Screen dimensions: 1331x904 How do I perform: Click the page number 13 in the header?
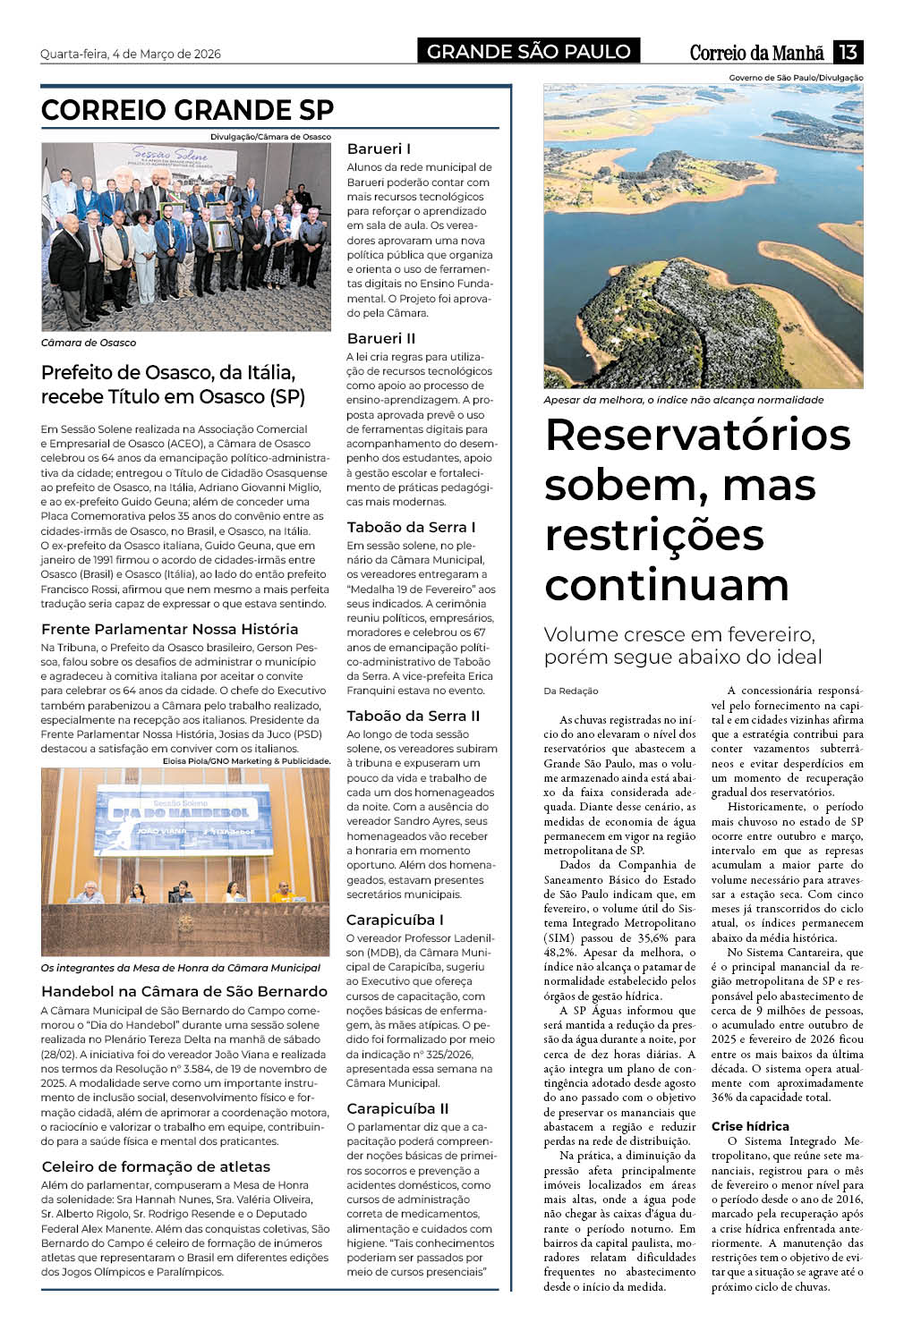click(847, 52)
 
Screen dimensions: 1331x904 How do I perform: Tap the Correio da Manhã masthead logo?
click(756, 52)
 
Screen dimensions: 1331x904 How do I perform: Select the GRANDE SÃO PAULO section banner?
click(528, 52)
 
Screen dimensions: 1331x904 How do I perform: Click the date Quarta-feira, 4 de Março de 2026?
click(131, 54)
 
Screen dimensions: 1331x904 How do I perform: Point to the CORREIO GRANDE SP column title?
click(187, 110)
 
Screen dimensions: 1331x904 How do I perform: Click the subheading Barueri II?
click(381, 338)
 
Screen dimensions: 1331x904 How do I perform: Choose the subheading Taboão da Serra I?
click(411, 527)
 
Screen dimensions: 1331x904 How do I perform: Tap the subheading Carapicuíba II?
click(397, 1108)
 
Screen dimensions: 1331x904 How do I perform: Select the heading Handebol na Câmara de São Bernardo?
click(184, 991)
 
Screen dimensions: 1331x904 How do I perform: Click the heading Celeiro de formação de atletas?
click(156, 1166)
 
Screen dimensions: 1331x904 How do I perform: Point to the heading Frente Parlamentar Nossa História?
click(170, 629)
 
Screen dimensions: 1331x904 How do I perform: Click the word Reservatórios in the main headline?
click(697, 436)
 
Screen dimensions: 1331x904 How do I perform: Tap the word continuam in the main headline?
click(667, 585)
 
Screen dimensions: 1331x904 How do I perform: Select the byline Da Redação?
click(571, 691)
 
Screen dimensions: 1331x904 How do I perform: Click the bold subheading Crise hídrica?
click(750, 1126)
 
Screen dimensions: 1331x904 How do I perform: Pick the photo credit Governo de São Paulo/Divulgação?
click(796, 78)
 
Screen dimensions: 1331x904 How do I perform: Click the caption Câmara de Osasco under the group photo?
click(89, 343)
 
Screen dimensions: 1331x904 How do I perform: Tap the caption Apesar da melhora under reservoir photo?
click(683, 400)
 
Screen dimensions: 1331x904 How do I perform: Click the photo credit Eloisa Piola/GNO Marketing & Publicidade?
click(247, 761)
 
